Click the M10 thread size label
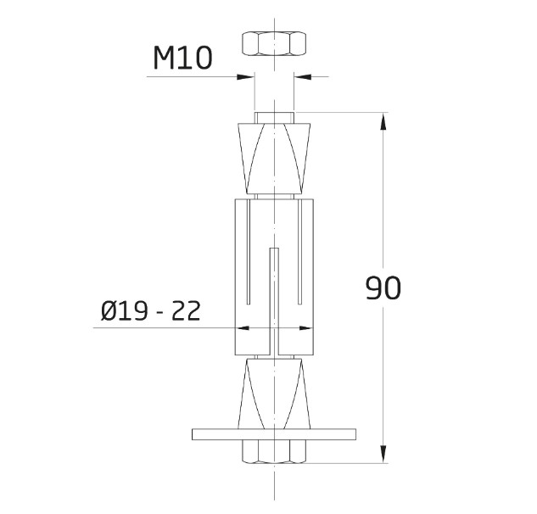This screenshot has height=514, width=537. [182, 58]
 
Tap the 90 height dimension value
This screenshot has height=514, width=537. [383, 288]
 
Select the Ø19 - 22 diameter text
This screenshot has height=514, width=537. [150, 311]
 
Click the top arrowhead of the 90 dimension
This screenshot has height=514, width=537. [383, 120]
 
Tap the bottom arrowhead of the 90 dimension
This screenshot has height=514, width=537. [383, 456]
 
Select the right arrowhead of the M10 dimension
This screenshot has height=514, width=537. [301, 77]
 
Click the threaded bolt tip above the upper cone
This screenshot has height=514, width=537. [274, 117]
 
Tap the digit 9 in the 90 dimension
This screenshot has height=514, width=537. [373, 288]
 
